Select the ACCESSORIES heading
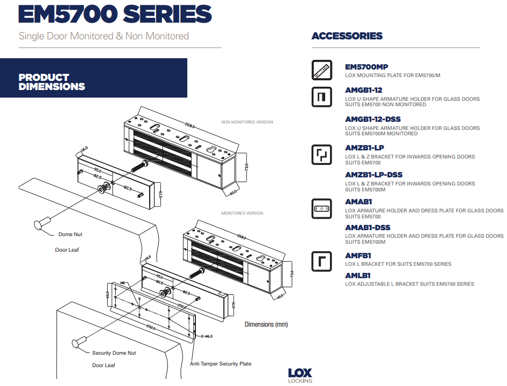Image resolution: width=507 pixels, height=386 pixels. tap(347, 36)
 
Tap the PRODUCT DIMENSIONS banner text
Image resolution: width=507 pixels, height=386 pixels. tap(52, 82)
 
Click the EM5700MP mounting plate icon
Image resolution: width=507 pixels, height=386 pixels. tap(322, 70)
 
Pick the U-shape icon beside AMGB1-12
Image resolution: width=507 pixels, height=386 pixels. tap(322, 96)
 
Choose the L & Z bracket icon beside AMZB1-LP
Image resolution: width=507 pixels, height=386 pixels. tap(322, 154)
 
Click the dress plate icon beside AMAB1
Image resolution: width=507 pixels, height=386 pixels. tap(322, 209)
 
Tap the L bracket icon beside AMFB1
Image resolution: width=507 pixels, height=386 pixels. tap(322, 261)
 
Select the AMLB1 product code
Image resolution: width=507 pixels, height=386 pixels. tap(358, 275)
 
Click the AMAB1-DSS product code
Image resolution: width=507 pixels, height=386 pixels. tap(368, 228)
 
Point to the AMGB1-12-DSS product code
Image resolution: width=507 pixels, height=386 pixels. tap(372, 119)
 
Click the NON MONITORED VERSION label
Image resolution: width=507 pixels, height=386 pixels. tap(247, 122)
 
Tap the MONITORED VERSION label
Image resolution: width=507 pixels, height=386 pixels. tap(242, 213)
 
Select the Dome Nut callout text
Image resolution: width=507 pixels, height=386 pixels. tap(71, 235)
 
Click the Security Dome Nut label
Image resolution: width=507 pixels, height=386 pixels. tap(114, 353)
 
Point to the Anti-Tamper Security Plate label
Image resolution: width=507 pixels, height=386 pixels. tap(220, 364)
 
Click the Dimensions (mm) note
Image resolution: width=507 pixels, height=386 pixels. tap(266, 325)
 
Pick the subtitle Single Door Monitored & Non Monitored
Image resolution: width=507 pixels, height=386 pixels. tap(104, 36)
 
